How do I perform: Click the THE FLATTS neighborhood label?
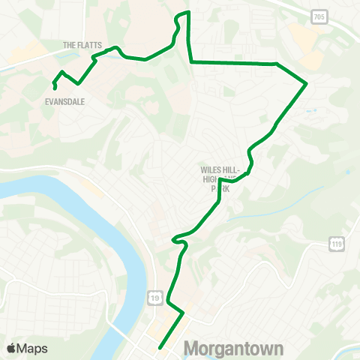tap(83, 44)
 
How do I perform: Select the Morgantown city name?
tap(233, 349)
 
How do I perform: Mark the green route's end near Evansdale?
tap(56, 89)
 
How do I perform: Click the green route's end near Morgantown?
tap(160, 347)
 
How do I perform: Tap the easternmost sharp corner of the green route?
tap(307, 84)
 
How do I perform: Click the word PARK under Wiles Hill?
tap(220, 189)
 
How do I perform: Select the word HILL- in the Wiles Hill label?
tap(228, 170)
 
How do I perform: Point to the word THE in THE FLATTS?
tap(70, 44)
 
